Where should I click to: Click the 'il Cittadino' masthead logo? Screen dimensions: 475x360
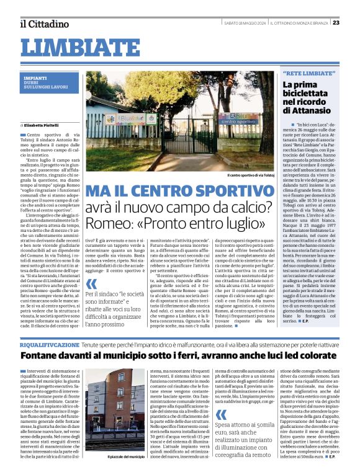coord(44,24)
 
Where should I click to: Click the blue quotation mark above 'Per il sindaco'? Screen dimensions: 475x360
coord(91,293)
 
